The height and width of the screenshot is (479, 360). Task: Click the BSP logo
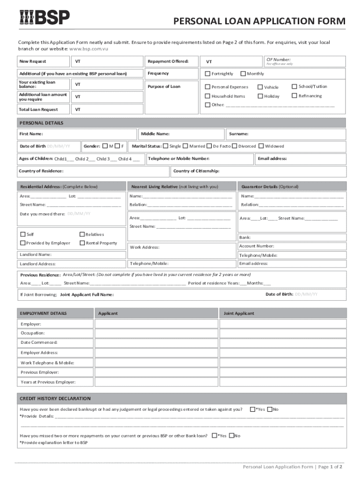point(44,17)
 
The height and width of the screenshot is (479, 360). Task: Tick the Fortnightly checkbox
point(208,74)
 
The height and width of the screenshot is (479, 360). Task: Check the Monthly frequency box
point(243,74)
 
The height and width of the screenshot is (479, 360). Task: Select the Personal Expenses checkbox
point(208,87)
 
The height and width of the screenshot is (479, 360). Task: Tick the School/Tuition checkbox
point(295,87)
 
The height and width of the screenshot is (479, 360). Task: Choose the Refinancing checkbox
point(295,96)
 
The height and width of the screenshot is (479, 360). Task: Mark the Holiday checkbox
point(260,96)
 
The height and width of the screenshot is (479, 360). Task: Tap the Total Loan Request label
point(38,109)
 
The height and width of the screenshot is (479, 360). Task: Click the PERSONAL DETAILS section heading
point(41,123)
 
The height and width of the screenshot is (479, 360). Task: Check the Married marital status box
point(186,146)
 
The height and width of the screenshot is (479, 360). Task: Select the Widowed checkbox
point(261,146)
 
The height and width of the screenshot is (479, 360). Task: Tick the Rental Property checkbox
point(82,243)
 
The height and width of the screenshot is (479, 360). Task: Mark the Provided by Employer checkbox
point(23,243)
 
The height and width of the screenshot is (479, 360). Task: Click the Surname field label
point(238,134)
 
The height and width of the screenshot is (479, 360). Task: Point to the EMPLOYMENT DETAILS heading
point(43,313)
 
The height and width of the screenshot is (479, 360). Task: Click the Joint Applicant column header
point(239,313)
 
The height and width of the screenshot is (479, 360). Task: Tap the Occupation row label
point(33,333)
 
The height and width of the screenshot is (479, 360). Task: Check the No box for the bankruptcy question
point(270,409)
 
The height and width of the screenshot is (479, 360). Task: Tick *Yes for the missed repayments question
point(215,435)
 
